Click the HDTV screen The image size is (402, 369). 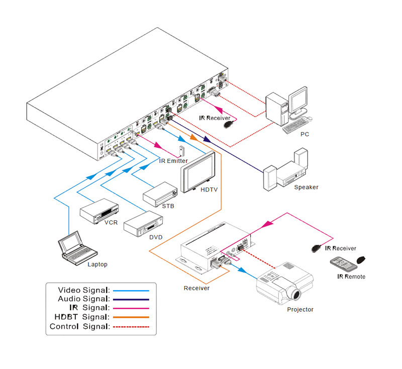pyautogui.click(x=199, y=171)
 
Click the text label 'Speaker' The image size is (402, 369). pyautogui.click(x=306, y=187)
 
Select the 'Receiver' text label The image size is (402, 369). pyautogui.click(x=196, y=288)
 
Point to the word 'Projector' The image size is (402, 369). pyautogui.click(x=300, y=310)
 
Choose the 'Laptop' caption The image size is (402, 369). pyautogui.click(x=97, y=264)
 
